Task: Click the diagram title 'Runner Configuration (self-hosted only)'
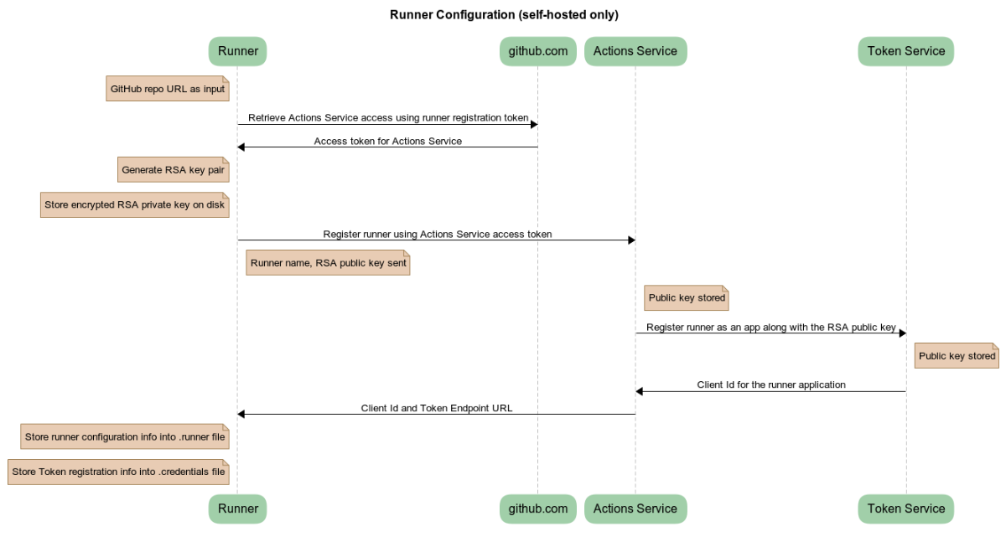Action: coord(504,14)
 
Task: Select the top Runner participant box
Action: coord(237,51)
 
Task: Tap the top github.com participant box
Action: coord(537,51)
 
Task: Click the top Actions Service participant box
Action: coord(635,51)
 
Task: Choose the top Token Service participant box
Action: coord(905,51)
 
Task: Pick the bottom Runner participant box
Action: coord(237,508)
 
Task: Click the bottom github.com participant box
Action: coord(537,508)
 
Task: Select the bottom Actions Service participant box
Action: coord(635,508)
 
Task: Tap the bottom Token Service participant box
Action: coord(905,508)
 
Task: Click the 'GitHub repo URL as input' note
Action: coord(168,88)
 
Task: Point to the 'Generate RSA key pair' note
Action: coord(173,169)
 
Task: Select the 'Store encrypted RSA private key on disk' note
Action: coord(135,204)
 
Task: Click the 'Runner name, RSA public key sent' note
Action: coord(328,263)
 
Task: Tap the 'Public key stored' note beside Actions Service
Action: coord(687,298)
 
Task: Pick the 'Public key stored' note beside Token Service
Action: coord(957,356)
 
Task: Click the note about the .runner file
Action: coord(125,436)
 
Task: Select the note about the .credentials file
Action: coord(118,472)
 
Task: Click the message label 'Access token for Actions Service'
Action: coord(387,141)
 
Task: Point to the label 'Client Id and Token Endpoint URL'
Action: coord(436,408)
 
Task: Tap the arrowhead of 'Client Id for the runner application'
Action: coord(640,391)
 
